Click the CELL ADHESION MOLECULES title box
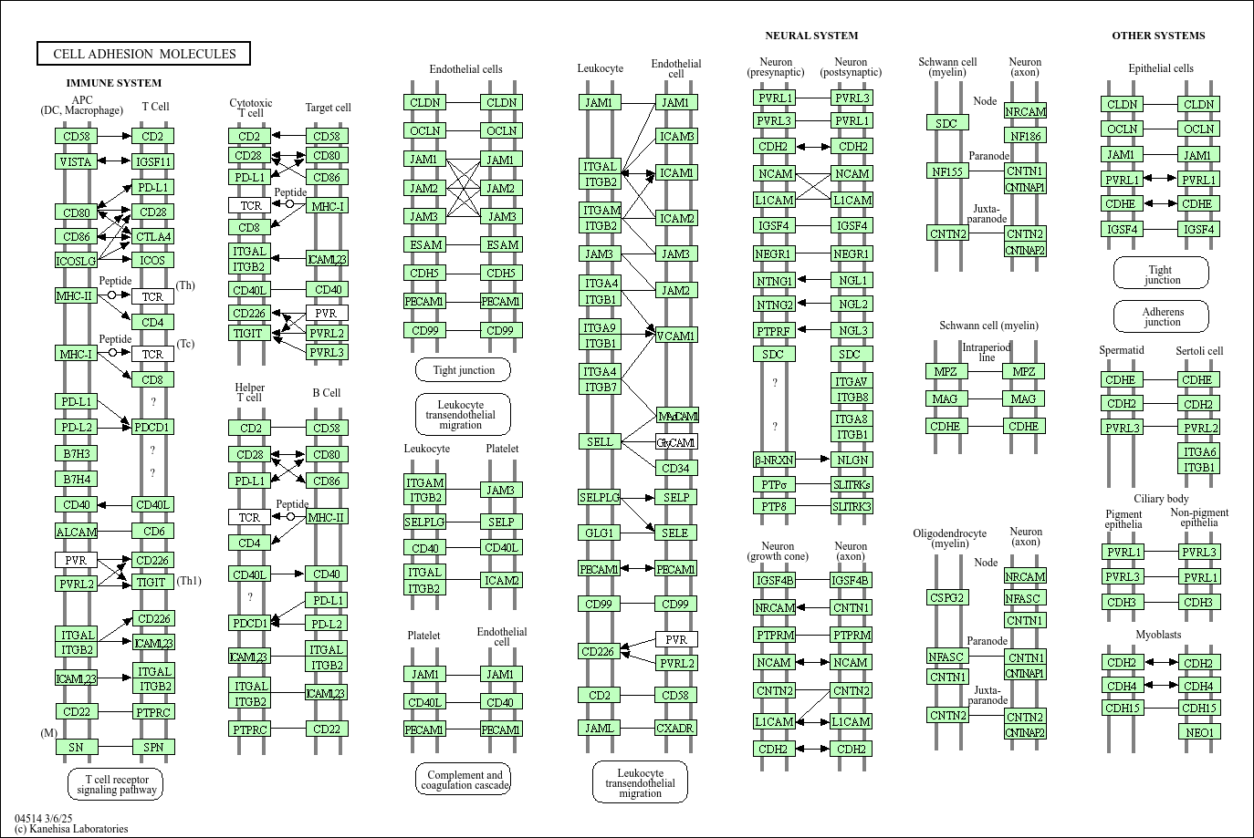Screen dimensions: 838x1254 pos(143,54)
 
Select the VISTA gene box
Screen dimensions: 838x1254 pos(76,161)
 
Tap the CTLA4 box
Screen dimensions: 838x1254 pos(152,236)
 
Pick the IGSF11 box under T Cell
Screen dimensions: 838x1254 pos(152,161)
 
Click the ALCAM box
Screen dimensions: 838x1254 pos(76,532)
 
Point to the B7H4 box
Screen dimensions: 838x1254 pos(76,479)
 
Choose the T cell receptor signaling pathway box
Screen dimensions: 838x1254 pos(116,784)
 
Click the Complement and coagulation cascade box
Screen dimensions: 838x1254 pos(464,780)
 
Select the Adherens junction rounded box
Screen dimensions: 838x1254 pos(1161,316)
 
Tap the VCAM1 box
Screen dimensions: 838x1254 pos(676,336)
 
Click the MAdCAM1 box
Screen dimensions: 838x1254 pos(677,416)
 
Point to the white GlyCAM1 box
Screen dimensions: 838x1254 pos(676,442)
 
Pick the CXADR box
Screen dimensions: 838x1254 pos(676,727)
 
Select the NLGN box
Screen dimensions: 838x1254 pos(852,460)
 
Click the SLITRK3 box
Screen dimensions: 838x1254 pos(852,506)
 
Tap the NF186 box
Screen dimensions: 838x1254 pos(1025,136)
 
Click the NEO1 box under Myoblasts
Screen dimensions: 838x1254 pos(1199,732)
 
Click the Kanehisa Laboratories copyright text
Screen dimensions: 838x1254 pos(71,829)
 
